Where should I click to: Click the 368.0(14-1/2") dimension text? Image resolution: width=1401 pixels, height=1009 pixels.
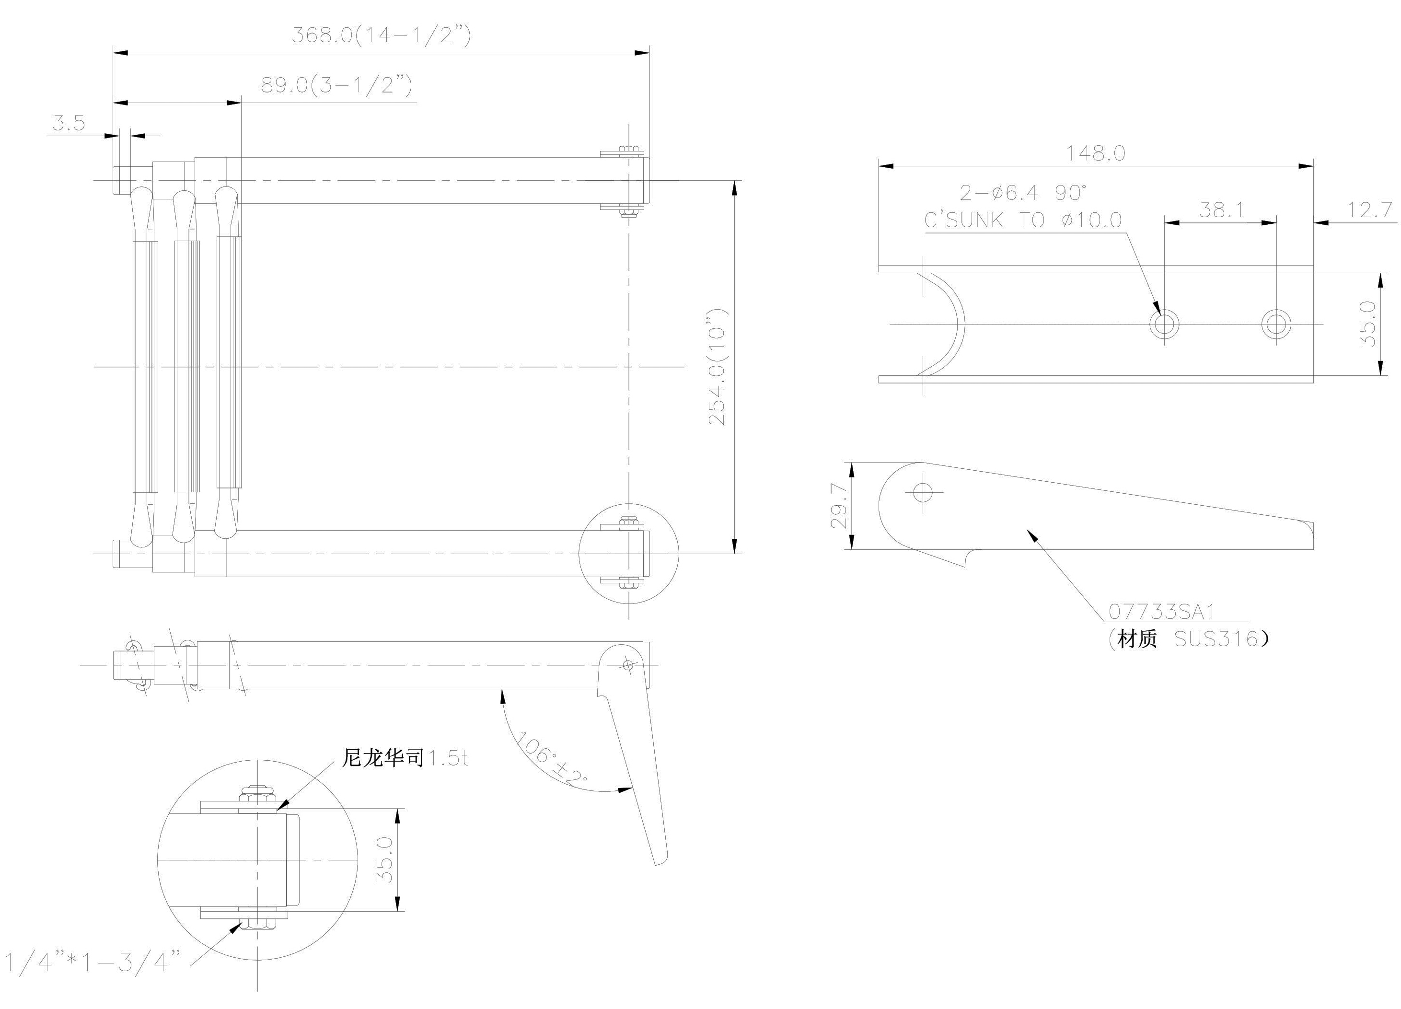381,35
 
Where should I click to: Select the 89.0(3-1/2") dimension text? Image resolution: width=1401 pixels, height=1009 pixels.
336,85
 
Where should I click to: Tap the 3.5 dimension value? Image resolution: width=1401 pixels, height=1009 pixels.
68,123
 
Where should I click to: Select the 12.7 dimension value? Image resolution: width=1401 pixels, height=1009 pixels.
1369,210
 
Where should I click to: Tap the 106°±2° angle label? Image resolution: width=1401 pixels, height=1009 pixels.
552,758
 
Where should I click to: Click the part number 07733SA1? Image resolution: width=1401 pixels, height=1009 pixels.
1161,612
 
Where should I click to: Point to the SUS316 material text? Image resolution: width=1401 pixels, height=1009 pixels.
1216,639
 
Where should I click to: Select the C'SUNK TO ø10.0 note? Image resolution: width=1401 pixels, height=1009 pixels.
1022,220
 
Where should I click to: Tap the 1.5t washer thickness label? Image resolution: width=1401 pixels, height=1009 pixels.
448,758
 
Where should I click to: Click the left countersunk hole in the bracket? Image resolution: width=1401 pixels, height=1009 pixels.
1164,324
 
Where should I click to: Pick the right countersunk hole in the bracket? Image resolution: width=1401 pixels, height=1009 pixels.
1275,324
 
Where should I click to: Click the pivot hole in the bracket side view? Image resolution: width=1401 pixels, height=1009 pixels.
924,492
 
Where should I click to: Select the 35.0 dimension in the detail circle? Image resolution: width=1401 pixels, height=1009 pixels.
384,859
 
